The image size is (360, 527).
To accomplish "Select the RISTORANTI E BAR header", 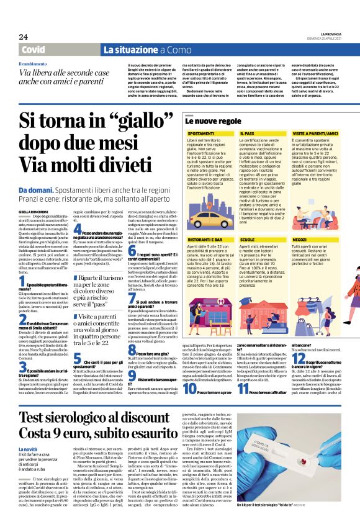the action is (x=205, y=221).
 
